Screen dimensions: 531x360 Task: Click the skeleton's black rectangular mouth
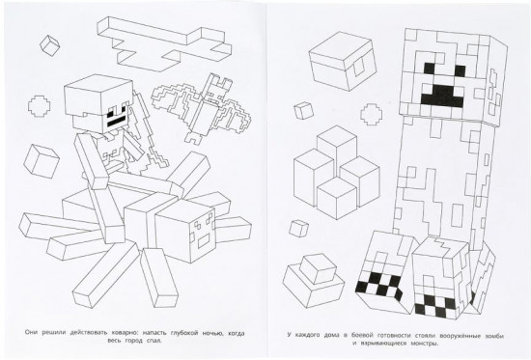click(x=117, y=123)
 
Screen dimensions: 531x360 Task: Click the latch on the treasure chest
click(x=358, y=69)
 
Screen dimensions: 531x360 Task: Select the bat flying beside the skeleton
click(x=202, y=108)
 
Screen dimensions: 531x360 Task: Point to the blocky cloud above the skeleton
click(x=164, y=42)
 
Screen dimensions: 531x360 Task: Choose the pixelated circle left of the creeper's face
click(x=372, y=115)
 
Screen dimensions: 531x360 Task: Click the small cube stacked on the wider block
click(x=318, y=268)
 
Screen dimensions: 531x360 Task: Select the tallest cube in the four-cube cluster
click(x=336, y=152)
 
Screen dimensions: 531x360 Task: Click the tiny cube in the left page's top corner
click(x=50, y=45)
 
